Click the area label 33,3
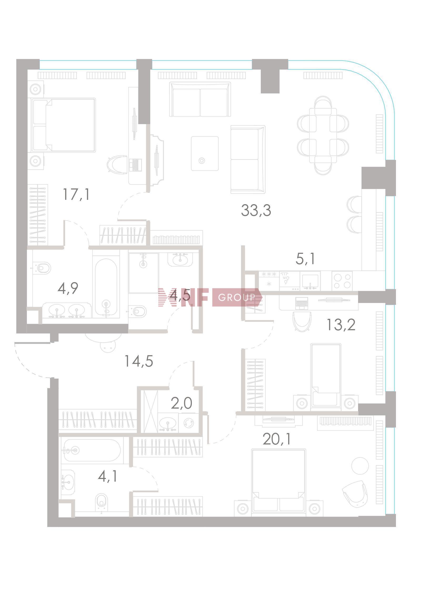tap(256, 210)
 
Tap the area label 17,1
tap(76, 194)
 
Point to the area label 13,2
tap(341, 325)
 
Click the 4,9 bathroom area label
tap(68, 288)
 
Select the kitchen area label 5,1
tap(305, 259)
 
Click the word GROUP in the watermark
tap(237, 297)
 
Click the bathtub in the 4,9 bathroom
tap(106, 287)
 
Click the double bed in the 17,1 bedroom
tap(63, 125)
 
